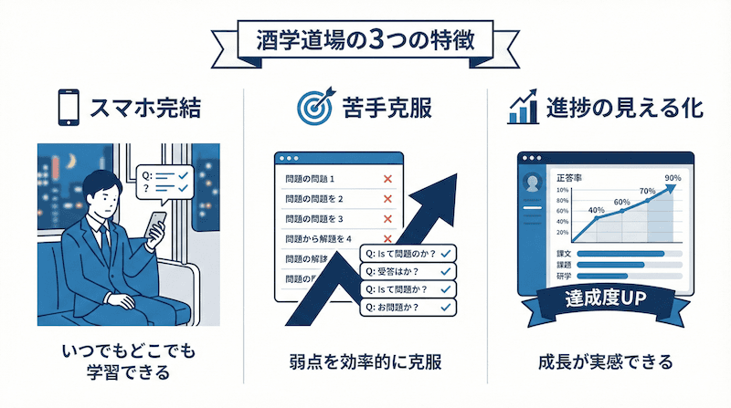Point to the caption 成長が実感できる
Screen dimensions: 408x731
tap(605, 361)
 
